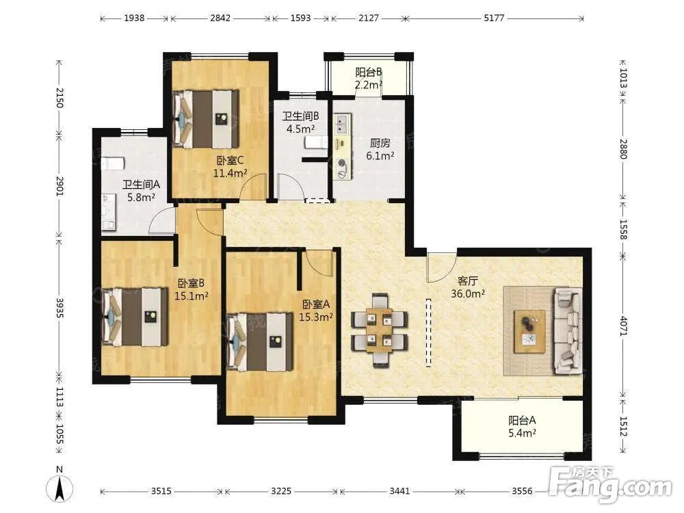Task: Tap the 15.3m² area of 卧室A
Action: pos(316,317)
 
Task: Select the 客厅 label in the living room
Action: pos(467,281)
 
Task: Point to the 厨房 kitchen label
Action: pos(380,143)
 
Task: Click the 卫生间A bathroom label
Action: pos(141,185)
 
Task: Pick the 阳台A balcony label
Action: pos(522,421)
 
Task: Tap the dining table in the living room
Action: pos(379,330)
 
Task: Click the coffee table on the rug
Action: pos(529,332)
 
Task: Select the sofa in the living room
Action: pos(568,330)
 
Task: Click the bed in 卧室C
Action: pos(206,118)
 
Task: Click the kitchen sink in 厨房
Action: pos(341,123)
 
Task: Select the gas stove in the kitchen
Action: pos(341,169)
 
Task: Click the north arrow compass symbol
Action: pos(60,485)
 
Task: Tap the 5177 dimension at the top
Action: pos(494,18)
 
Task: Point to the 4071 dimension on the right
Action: pos(623,326)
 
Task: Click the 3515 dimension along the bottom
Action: pos(161,491)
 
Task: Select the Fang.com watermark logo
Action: pos(610,484)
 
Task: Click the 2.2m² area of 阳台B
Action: pos(368,85)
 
